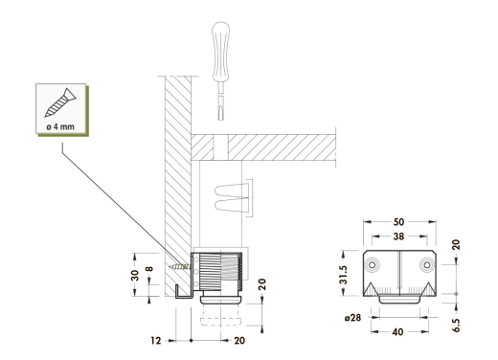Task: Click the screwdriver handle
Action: pos(220,51)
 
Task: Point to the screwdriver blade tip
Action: pos(220,120)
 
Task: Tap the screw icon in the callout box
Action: pos(60,102)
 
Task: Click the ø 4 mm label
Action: pos(60,126)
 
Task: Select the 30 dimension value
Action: pos(135,275)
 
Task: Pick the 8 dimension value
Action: pos(149,269)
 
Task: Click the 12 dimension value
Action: pos(156,341)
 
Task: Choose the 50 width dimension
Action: pos(398,221)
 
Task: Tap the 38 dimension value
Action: pos(398,236)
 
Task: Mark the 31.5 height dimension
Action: pos(344,275)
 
